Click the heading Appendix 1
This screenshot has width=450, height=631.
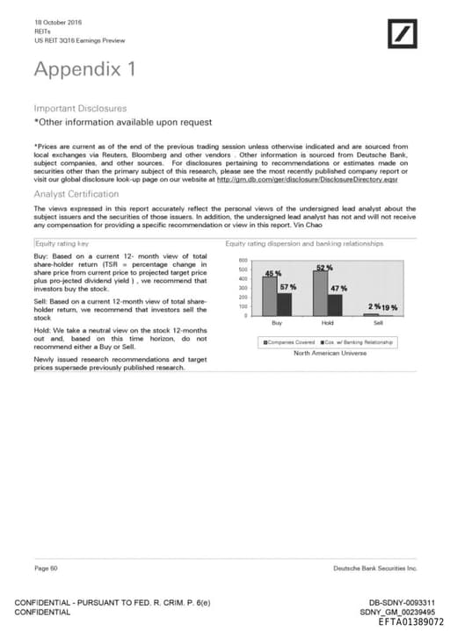coord(84,68)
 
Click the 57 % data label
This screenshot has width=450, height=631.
coord(288,287)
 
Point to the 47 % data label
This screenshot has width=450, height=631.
coord(338,288)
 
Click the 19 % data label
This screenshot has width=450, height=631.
coord(389,307)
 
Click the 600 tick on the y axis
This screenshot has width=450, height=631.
coord(243,261)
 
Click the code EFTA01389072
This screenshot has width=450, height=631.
coord(410,620)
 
